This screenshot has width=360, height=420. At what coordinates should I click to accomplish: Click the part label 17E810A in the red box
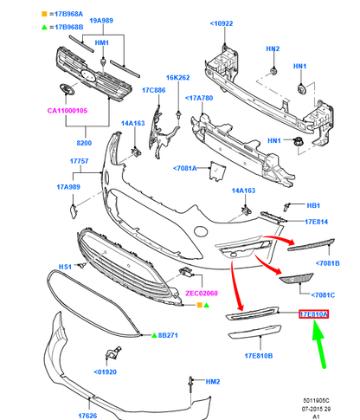(313, 314)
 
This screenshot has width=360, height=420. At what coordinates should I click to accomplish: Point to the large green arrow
(319, 345)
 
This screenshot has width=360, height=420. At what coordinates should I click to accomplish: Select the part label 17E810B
(259, 356)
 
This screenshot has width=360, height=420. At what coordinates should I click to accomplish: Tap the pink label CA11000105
(67, 111)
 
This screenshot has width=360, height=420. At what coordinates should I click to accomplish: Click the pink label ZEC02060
(202, 294)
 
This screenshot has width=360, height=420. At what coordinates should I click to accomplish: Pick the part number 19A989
(101, 21)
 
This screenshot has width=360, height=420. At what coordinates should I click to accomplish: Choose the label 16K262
(177, 77)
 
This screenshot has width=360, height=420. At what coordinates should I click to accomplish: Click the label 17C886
(154, 90)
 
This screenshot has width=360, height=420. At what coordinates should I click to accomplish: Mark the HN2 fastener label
(273, 48)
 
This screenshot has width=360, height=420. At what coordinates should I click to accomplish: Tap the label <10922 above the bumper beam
(222, 23)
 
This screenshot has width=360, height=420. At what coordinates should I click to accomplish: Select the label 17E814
(317, 222)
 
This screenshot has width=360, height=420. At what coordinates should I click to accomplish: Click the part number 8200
(84, 143)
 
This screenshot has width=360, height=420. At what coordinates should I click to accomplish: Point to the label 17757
(79, 161)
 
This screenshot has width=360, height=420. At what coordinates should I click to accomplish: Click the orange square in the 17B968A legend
(44, 14)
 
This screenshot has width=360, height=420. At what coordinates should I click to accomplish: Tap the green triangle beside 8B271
(154, 335)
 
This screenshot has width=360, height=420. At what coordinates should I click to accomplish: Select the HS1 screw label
(65, 267)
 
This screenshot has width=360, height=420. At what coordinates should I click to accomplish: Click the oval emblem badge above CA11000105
(67, 89)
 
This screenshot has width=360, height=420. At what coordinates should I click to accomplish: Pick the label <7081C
(323, 295)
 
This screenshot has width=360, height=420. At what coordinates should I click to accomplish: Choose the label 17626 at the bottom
(87, 416)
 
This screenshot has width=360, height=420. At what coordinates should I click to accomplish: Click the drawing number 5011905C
(316, 401)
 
